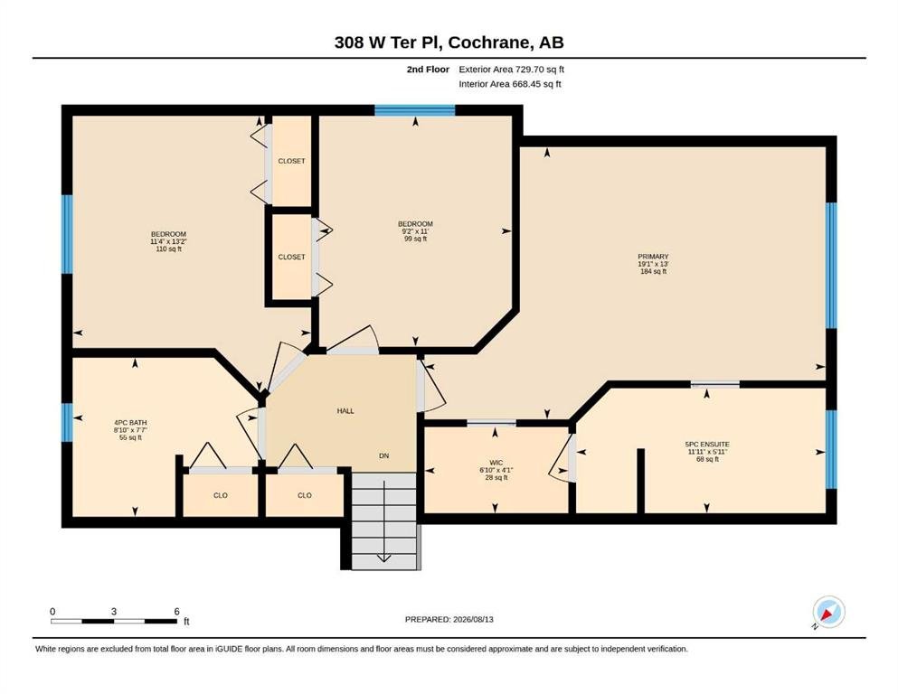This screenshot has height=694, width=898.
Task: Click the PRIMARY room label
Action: click(653, 257)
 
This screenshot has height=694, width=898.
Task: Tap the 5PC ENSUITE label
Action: click(707, 444)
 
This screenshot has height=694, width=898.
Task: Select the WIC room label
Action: click(496, 463)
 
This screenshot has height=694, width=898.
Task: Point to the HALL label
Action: click(345, 411)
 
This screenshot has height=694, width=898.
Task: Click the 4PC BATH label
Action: click(130, 423)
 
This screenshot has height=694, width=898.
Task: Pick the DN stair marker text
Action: click(383, 456)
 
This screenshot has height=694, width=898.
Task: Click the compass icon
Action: click(828, 612)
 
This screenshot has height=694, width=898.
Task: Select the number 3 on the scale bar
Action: click(114, 612)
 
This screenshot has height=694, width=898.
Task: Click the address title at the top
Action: click(449, 42)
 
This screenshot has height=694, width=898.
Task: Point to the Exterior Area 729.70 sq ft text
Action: click(512, 70)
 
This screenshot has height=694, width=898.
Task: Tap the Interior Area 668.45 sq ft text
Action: click(510, 84)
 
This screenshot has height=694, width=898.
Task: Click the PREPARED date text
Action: click(449, 619)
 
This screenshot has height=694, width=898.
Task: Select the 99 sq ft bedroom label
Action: click(415, 239)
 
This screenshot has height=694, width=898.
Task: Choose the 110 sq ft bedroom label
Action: click(168, 249)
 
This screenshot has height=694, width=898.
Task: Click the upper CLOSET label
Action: click(291, 161)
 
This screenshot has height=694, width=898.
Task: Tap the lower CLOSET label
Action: click(291, 257)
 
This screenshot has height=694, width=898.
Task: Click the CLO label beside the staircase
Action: click(305, 495)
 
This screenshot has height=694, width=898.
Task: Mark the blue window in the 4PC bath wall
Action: click(68, 423)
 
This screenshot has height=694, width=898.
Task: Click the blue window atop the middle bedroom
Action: click(415, 110)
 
